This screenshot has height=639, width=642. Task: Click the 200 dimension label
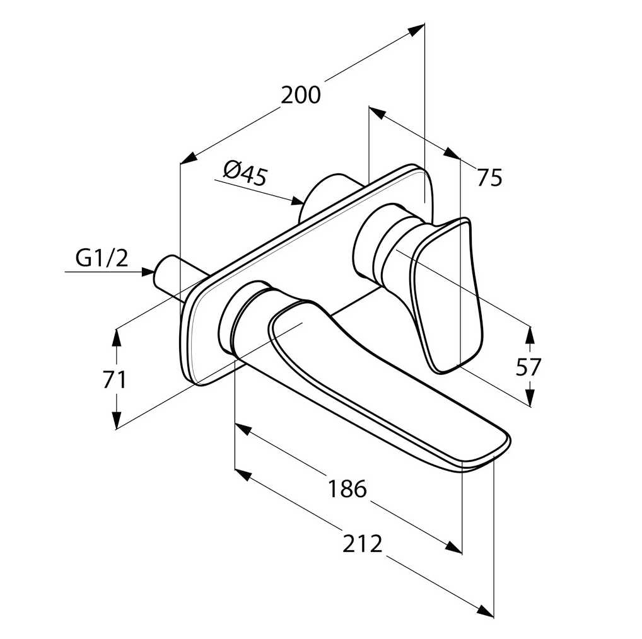(x=301, y=95)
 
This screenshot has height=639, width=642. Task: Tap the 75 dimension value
(x=489, y=178)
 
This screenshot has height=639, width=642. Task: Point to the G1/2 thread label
(x=102, y=258)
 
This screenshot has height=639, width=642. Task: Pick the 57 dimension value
(x=528, y=367)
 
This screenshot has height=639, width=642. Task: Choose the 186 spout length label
(x=347, y=488)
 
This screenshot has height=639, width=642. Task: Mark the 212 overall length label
(x=363, y=543)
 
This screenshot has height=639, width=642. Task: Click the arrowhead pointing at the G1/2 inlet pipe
(x=148, y=271)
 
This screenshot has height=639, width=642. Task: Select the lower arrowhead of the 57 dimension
(x=530, y=396)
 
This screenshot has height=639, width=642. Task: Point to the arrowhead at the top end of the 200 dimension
(x=417, y=30)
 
